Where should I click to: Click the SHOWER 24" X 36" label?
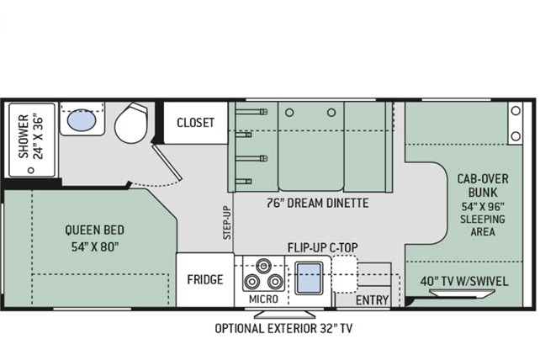click(x=31, y=136)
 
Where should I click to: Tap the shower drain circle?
click(x=31, y=170)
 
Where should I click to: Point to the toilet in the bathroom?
click(x=131, y=123)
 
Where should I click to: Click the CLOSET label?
click(x=196, y=123)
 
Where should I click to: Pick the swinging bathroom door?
click(x=167, y=162)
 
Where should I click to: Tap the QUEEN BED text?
click(x=95, y=230)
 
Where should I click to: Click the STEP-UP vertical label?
click(x=226, y=223)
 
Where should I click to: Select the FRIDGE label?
click(x=205, y=279)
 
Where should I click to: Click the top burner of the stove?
click(x=263, y=266)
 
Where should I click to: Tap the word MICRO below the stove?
click(x=263, y=299)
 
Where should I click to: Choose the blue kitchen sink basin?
click(x=309, y=278)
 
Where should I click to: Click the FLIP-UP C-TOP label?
click(x=323, y=247)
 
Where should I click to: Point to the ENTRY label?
click(x=372, y=300)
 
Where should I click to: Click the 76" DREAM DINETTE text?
click(x=318, y=203)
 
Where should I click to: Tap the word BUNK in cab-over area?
click(x=483, y=193)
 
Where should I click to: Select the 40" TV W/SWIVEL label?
click(x=464, y=281)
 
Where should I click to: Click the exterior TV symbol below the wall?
click(x=284, y=315)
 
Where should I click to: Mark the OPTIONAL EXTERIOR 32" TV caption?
click(x=283, y=328)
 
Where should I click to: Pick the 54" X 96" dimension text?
click(x=483, y=206)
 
